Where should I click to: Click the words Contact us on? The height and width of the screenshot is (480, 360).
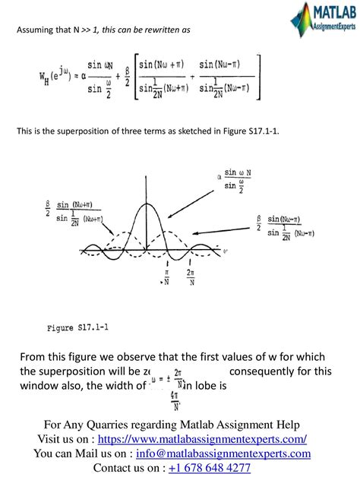click(x=125, y=468)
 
